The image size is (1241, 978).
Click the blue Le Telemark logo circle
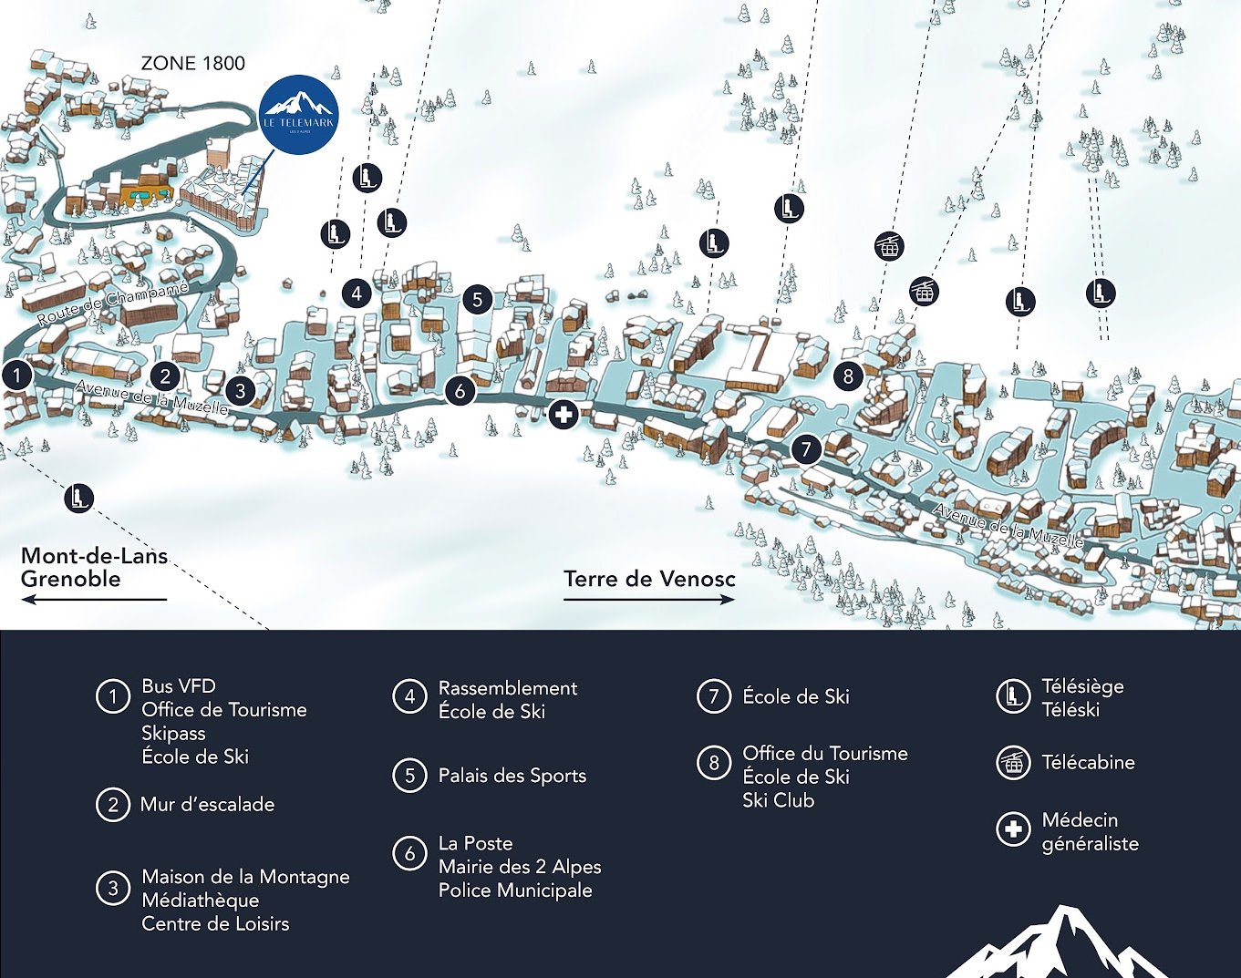click(298, 115)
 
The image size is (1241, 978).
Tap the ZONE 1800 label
click(192, 63)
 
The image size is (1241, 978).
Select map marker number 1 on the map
click(16, 375)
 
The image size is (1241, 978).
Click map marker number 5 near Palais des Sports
click(477, 299)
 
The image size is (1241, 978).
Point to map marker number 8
click(848, 376)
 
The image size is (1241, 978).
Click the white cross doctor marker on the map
click(564, 415)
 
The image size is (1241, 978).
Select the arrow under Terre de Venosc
click(648, 599)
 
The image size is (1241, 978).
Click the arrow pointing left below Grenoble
click(93, 599)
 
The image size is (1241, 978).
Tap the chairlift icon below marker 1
click(79, 498)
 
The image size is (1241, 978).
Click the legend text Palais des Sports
click(512, 776)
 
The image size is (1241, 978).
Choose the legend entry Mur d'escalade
click(207, 804)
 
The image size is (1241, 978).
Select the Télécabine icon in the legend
click(1012, 762)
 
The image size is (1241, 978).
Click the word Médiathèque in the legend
click(200, 900)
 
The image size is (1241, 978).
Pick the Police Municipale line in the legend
click(515, 890)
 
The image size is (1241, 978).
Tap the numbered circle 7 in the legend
click(713, 696)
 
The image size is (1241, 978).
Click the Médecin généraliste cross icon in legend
click(1012, 829)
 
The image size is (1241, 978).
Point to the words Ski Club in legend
click(778, 800)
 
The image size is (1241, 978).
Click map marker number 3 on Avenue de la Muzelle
click(240, 390)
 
